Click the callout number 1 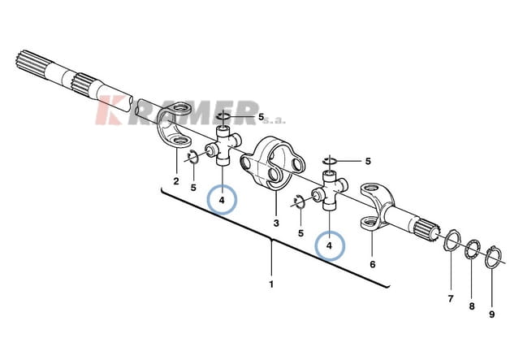[271, 284]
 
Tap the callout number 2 [176, 181]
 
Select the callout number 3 [276, 223]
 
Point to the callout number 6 [373, 264]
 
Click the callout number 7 [451, 298]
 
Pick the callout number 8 [472, 306]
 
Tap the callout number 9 [491, 314]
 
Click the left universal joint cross [223, 146]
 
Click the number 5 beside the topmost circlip [261, 117]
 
